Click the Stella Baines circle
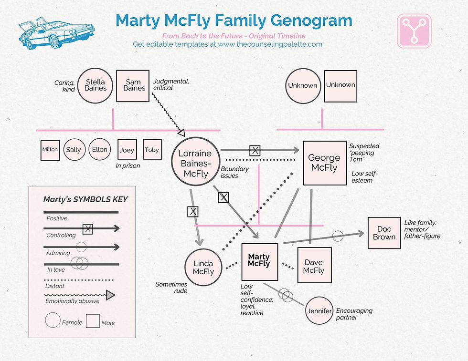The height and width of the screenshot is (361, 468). click(95, 85)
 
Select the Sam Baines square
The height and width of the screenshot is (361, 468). click(133, 85)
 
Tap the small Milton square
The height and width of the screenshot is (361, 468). click(50, 150)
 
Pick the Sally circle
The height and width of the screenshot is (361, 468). click(74, 150)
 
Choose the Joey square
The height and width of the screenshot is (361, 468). click(127, 150)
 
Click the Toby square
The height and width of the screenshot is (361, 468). click(152, 150)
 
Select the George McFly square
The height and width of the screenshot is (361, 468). click(325, 163)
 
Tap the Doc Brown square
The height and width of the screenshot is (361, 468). click(384, 233)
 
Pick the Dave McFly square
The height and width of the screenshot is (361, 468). click(313, 266)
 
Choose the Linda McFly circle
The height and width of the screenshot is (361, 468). click(203, 268)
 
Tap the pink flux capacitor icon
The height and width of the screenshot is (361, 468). click(414, 31)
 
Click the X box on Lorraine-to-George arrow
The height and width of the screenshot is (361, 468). click(255, 151)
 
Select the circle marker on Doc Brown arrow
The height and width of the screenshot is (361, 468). click(338, 235)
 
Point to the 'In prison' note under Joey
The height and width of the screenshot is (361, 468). click(128, 166)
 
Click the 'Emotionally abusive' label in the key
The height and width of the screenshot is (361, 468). click(72, 301)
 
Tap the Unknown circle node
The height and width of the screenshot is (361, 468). click(302, 85)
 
